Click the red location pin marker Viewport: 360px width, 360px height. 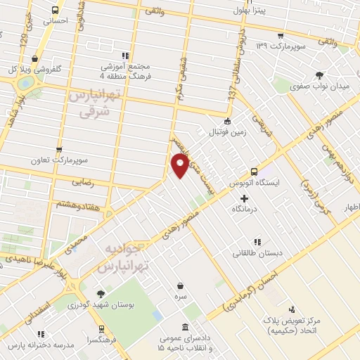pyautogui.click(x=180, y=166)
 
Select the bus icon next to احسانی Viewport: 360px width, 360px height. pyautogui.click(x=56, y=10)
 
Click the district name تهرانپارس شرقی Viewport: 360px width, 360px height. pyautogui.click(x=94, y=103)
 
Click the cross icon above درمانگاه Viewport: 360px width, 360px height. pyautogui.click(x=244, y=199)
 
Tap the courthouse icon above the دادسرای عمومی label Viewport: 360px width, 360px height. pyautogui.click(x=185, y=328)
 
